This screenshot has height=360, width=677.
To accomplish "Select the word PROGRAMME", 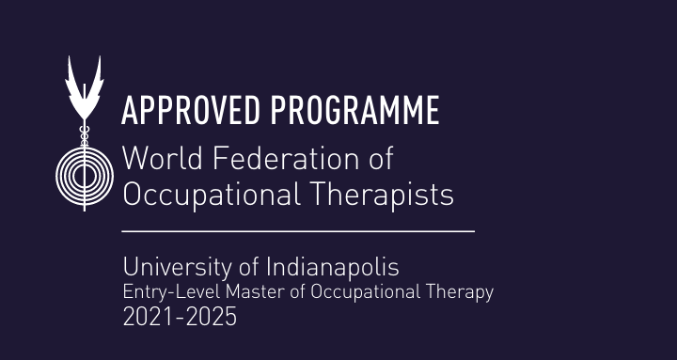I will (354, 111).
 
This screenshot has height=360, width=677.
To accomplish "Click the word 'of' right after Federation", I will (379, 158).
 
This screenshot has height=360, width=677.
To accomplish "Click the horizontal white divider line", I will (298, 230).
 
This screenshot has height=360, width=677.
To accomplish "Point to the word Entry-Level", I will (165, 292).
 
